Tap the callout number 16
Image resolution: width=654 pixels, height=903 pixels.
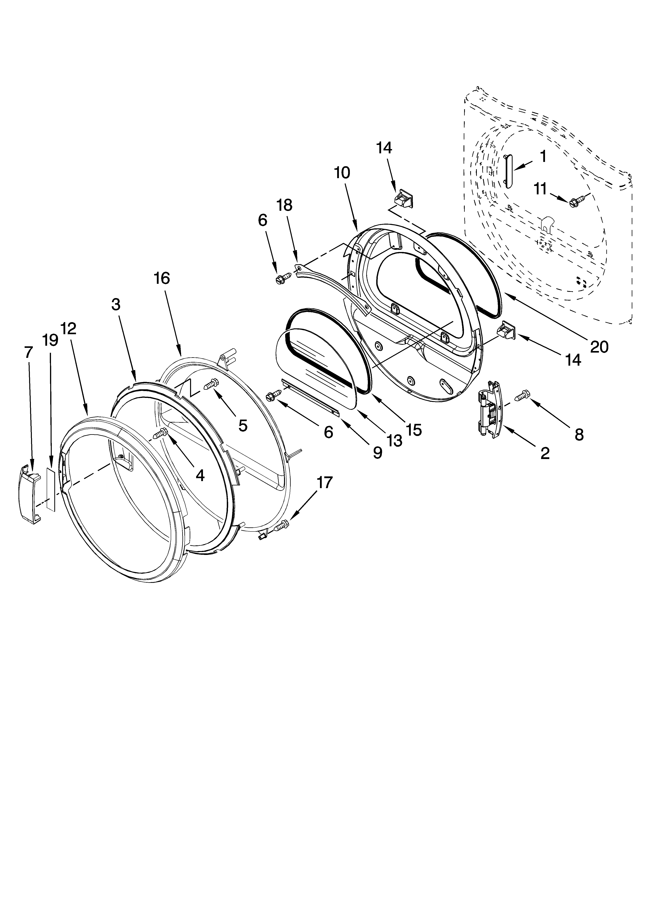[x=162, y=278]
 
